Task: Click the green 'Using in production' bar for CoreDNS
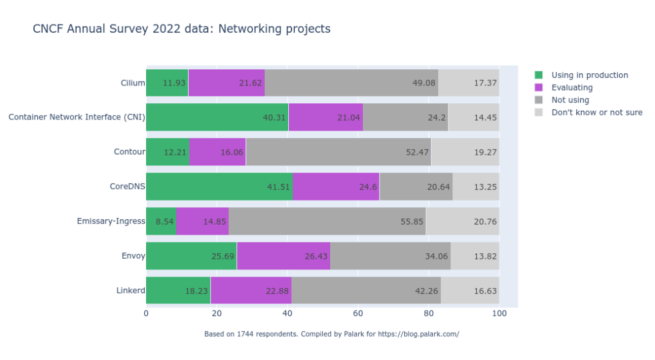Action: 219,187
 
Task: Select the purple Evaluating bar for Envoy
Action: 283,256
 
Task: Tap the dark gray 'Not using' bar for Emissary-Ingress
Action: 327,221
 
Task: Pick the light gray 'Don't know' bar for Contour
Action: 465,152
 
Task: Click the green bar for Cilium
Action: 167,83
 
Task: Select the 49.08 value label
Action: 424,83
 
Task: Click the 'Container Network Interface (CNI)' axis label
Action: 77,117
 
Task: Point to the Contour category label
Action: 129,152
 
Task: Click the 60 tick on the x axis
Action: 358,313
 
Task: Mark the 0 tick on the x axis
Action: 146,313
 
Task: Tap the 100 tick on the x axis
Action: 499,313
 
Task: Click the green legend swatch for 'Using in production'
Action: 539,75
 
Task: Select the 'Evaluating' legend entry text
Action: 572,87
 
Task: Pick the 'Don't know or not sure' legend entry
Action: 596,112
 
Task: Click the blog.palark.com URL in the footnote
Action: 418,334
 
